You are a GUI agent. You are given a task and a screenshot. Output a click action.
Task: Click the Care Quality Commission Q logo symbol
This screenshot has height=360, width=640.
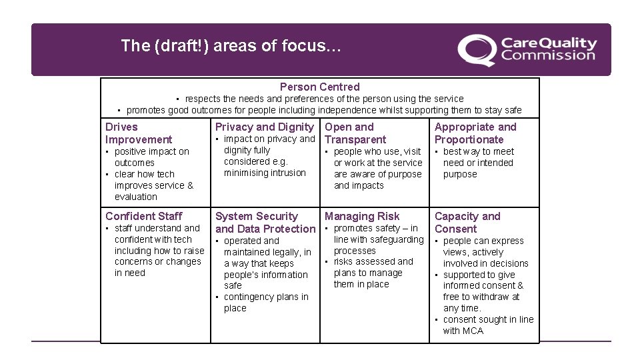[476, 51]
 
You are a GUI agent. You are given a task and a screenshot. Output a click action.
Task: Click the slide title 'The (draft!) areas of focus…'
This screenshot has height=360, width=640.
[231, 46]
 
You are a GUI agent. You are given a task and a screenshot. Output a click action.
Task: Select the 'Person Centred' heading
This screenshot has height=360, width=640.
[319, 87]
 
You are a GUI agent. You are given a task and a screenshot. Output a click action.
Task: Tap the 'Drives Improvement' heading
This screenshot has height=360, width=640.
[139, 133]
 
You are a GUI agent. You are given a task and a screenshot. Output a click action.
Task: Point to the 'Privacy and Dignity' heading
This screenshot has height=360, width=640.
[264, 127]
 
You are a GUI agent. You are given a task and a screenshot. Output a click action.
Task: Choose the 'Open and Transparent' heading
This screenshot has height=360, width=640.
[355, 133]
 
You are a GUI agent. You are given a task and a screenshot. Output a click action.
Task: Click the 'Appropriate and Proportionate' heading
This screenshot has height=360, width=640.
[475, 133]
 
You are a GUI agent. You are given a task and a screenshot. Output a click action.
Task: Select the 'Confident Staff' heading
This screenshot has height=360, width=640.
[143, 216]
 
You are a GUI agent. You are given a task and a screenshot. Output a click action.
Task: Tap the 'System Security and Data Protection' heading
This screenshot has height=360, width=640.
[265, 223]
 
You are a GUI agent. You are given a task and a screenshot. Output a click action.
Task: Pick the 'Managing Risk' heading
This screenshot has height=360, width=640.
[362, 216]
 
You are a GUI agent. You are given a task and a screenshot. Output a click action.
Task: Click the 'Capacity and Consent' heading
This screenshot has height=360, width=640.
[467, 223]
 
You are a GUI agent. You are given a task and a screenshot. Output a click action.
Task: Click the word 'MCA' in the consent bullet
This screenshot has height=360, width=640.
[473, 331]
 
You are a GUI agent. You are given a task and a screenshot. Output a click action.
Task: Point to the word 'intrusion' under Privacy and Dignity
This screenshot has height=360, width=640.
[285, 173]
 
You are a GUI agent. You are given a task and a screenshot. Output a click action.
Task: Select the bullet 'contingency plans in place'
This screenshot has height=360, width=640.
[266, 303]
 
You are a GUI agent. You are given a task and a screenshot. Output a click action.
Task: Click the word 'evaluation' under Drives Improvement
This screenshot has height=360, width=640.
[136, 197]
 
